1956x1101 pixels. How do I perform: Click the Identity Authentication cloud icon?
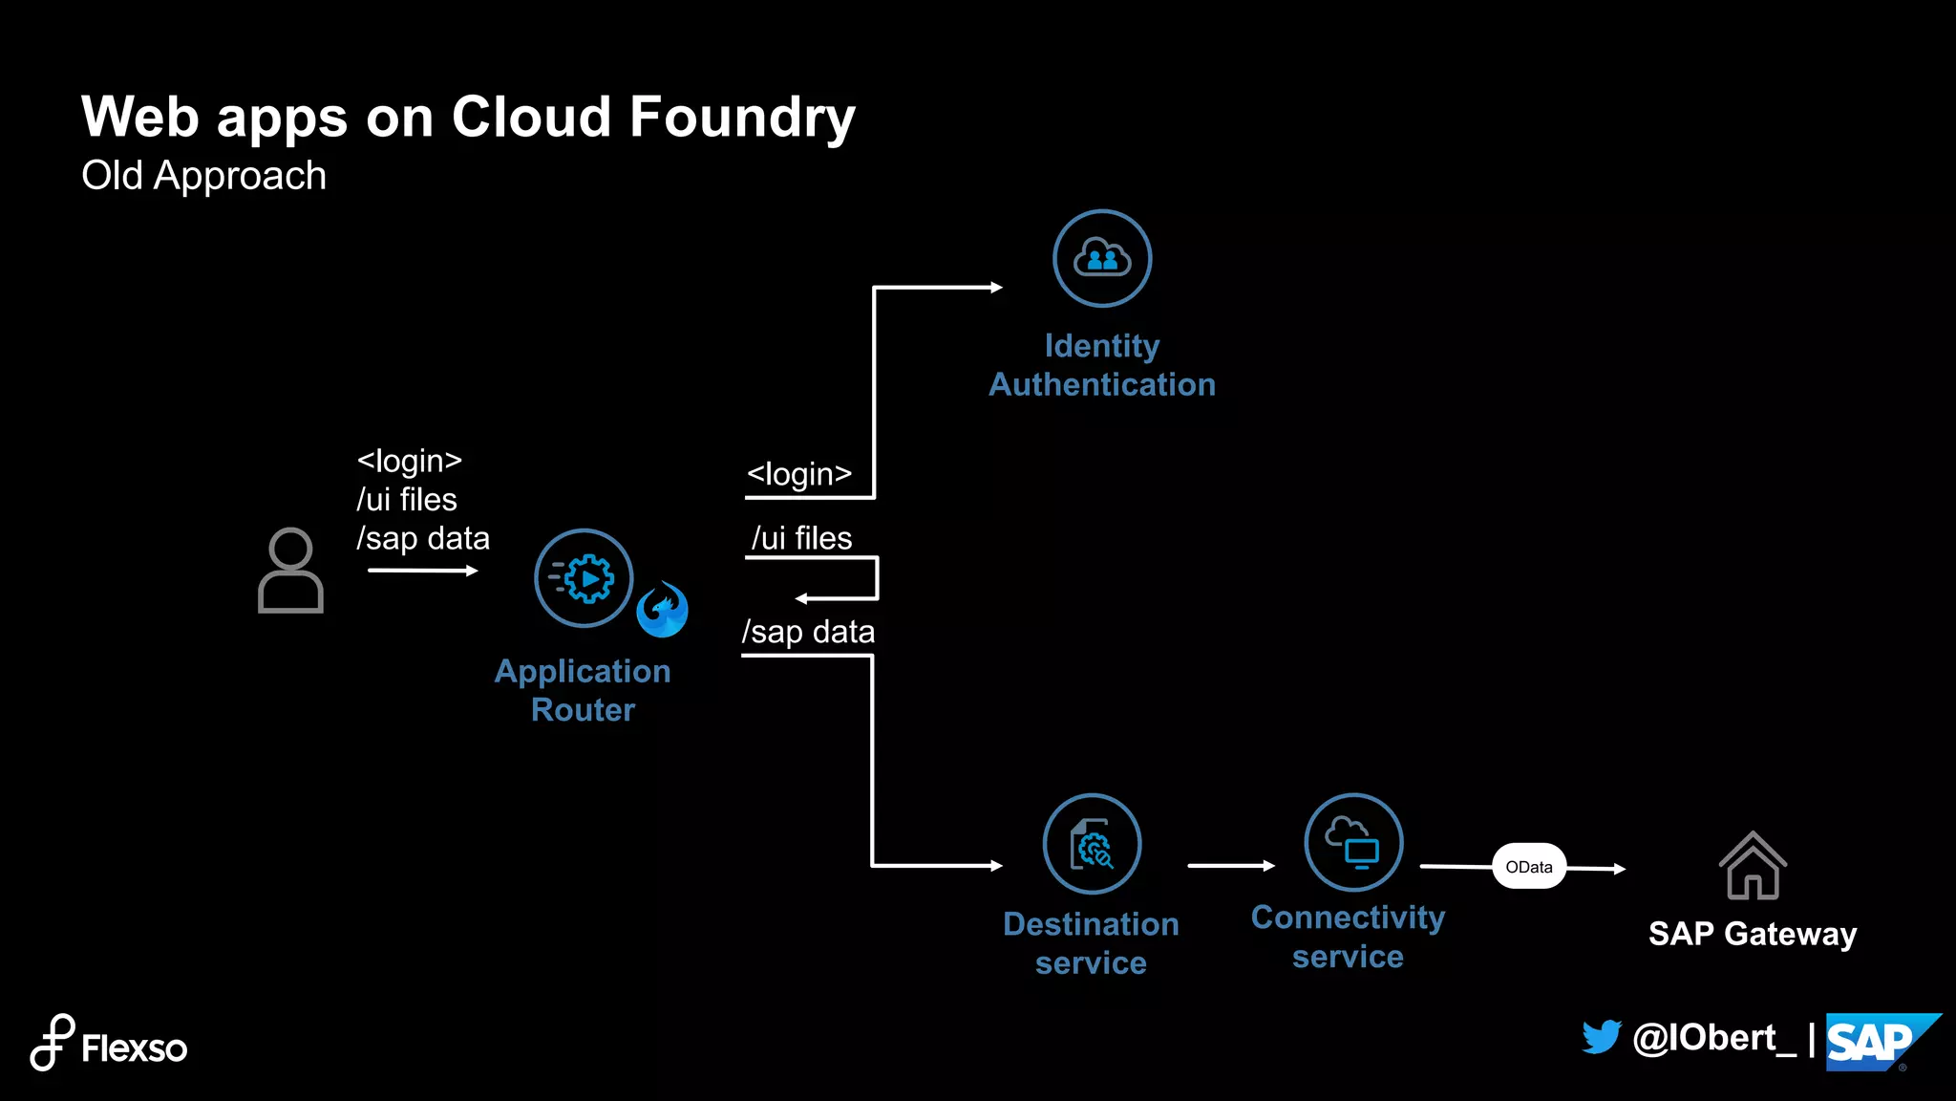pyautogui.click(x=1102, y=258)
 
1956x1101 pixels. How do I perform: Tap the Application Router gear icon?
pyautogui.click(x=584, y=578)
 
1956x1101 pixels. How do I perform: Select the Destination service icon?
pyautogui.click(x=1092, y=844)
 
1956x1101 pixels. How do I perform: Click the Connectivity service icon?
pyautogui.click(x=1353, y=843)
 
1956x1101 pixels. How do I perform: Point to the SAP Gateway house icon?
pyautogui.click(x=1753, y=866)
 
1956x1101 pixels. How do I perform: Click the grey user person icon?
pyautogui.click(x=290, y=571)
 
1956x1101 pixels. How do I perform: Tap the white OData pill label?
pyautogui.click(x=1529, y=867)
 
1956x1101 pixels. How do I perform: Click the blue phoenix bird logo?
pyautogui.click(x=663, y=610)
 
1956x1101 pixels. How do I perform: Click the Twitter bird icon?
pyautogui.click(x=1602, y=1037)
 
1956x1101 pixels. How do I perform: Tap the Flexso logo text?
pyautogui.click(x=134, y=1048)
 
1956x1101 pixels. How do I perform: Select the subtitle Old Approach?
pyautogui.click(x=203, y=176)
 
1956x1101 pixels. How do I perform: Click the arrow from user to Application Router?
pyautogui.click(x=421, y=571)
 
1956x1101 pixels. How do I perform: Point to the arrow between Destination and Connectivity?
pyautogui.click(x=1230, y=866)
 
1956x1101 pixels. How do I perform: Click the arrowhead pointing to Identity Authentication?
pyautogui.click(x=995, y=287)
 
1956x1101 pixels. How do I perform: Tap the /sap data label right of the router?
pyautogui.click(x=808, y=632)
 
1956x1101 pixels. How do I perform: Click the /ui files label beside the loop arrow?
pyautogui.click(x=801, y=538)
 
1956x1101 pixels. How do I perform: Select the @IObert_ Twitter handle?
pyautogui.click(x=1713, y=1038)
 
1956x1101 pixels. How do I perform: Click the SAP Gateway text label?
pyautogui.click(x=1753, y=934)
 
